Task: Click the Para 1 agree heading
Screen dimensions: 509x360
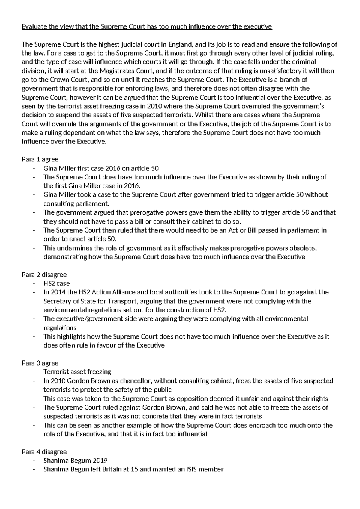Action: pos(40,159)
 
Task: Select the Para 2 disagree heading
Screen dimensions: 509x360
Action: pos(44,275)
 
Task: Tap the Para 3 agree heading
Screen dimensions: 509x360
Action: pos(40,363)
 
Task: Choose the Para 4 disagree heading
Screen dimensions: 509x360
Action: pos(44,452)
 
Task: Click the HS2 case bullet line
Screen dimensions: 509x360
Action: pos(56,284)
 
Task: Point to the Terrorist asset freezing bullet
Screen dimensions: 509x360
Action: pos(77,372)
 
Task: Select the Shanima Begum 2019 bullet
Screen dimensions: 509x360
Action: pos(75,461)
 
